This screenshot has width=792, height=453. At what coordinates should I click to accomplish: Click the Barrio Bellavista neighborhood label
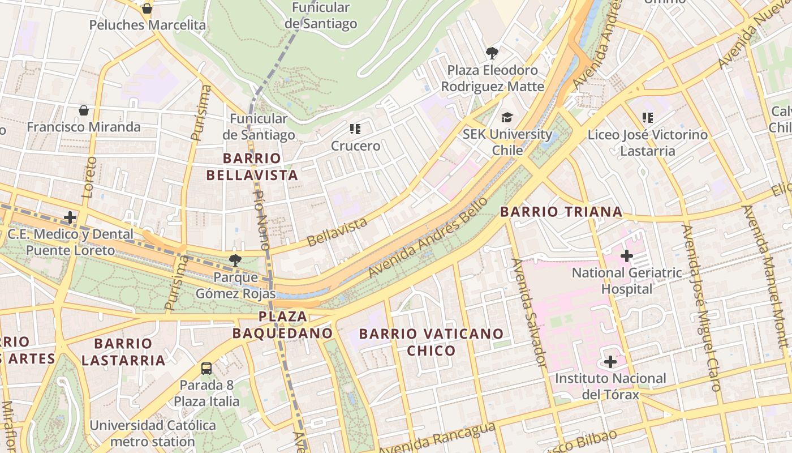(x=252, y=166)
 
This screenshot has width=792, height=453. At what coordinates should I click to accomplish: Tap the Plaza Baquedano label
(x=283, y=324)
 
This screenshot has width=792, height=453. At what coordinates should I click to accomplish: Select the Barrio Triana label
(x=561, y=212)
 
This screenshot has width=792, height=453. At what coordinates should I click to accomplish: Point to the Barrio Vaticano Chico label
(x=431, y=342)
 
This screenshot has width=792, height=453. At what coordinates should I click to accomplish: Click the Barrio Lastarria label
(x=123, y=352)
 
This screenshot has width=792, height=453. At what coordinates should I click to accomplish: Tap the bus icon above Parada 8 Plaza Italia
(x=206, y=369)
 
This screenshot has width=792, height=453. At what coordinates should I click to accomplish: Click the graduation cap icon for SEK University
(x=507, y=117)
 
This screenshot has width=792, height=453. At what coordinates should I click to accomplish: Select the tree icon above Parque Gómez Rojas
(x=235, y=260)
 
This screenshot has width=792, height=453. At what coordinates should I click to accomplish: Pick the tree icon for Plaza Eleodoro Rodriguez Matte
(x=492, y=53)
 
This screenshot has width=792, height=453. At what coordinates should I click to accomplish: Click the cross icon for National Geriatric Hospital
(x=626, y=256)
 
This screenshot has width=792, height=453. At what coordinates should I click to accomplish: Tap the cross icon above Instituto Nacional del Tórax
(x=610, y=361)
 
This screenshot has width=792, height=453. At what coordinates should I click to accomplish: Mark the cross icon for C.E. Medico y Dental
(x=70, y=217)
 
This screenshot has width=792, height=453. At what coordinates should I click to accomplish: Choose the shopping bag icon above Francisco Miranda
(x=84, y=110)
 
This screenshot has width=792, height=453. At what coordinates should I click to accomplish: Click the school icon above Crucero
(x=355, y=129)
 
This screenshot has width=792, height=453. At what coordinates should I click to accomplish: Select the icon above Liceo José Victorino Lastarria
(x=648, y=118)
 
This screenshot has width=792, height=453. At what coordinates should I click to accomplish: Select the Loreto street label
(x=89, y=177)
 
